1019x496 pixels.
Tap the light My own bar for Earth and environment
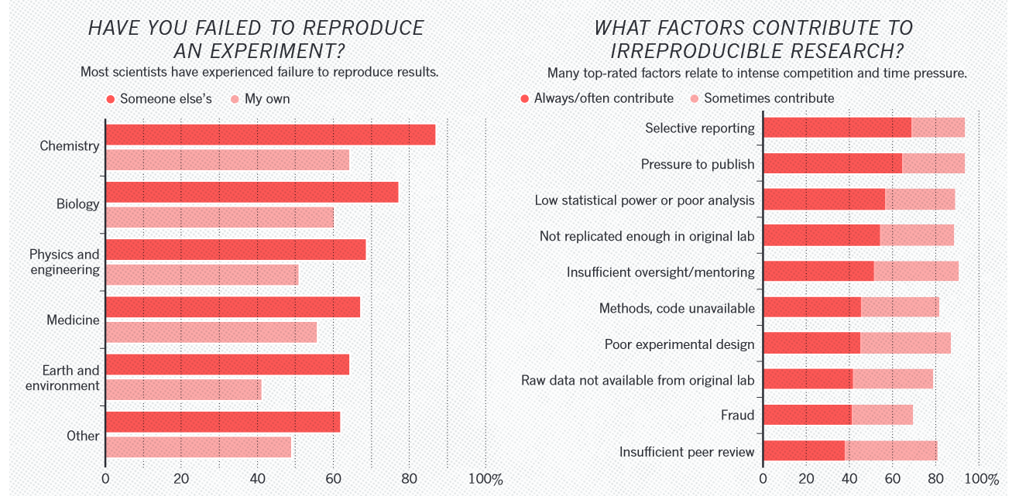click(183, 390)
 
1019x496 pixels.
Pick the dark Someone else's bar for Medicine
click(232, 307)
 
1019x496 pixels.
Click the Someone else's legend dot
click(111, 99)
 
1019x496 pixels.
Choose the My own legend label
click(267, 99)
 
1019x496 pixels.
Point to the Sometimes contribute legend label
click(769, 98)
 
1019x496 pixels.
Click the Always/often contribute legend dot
click(525, 98)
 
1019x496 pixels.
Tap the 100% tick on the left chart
click(486, 479)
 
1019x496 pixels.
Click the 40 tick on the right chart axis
click(849, 479)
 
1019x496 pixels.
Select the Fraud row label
click(737, 416)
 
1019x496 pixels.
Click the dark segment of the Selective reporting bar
click(836, 128)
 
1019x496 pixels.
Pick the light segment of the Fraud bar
click(882, 415)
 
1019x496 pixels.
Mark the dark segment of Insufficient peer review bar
click(803, 451)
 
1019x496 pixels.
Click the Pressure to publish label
click(697, 164)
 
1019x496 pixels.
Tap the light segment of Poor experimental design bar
click(905, 344)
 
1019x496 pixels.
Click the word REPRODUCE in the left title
click(365, 29)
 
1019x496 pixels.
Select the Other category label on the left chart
click(83, 436)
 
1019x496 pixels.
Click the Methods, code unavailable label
click(677, 308)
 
